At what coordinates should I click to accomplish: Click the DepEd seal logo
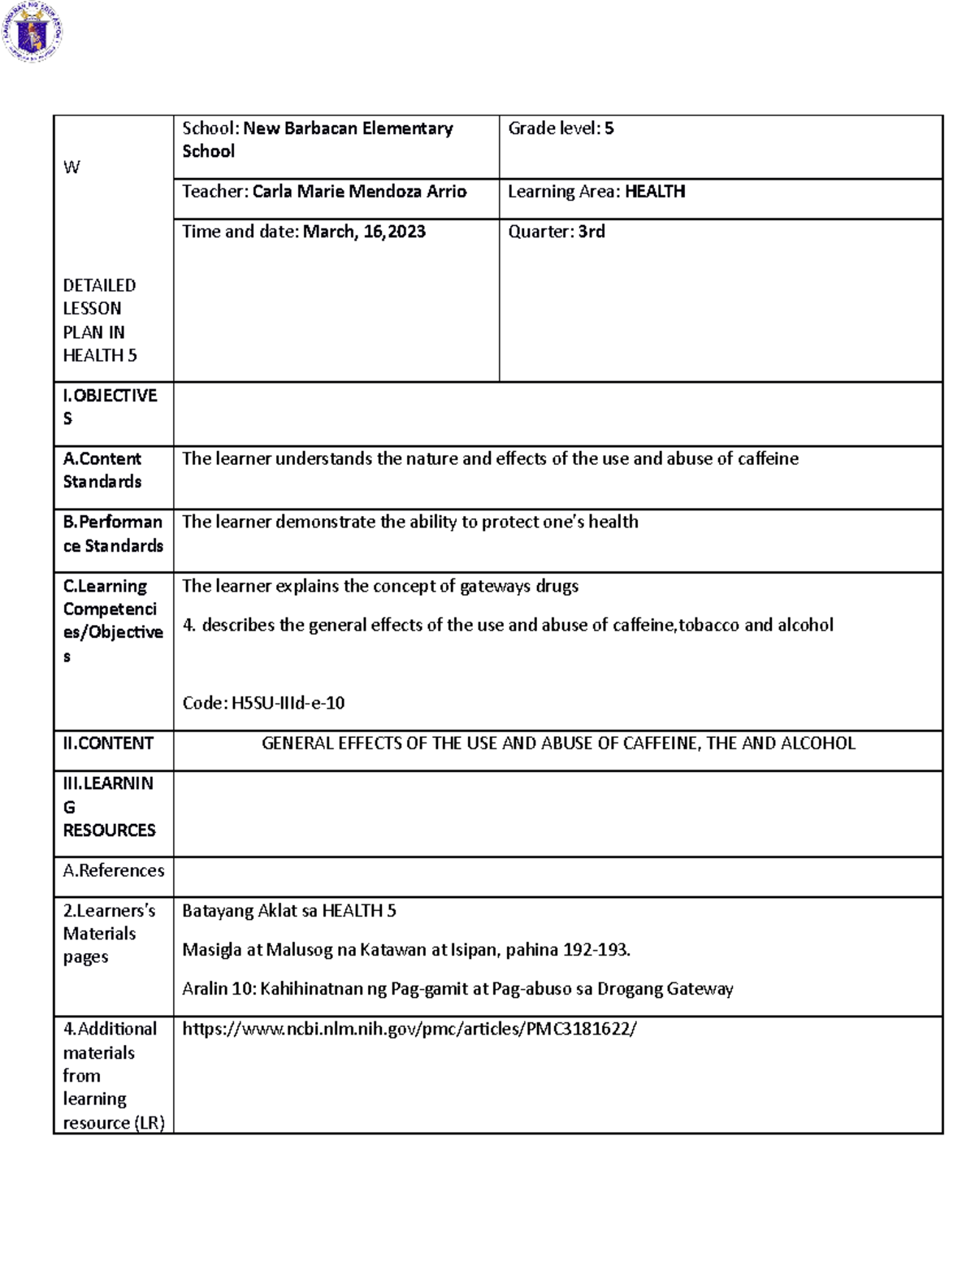(x=32, y=33)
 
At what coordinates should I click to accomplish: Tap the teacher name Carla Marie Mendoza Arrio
(x=359, y=192)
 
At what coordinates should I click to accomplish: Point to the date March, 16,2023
(x=364, y=232)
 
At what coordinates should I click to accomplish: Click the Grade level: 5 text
(x=561, y=128)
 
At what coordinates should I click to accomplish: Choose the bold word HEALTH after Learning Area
(x=655, y=192)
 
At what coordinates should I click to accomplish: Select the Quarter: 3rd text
(x=557, y=232)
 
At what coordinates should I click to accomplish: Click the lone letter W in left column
(x=71, y=167)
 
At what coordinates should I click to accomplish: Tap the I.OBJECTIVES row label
(x=110, y=406)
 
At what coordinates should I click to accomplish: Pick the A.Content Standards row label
(x=102, y=470)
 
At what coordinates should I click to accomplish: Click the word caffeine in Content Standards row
(x=768, y=459)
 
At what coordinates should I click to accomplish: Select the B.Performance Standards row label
(x=113, y=534)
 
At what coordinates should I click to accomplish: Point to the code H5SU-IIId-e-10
(x=288, y=703)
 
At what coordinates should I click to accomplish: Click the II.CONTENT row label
(x=108, y=744)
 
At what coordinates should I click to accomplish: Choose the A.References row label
(x=114, y=870)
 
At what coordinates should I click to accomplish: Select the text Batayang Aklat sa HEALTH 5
(x=289, y=911)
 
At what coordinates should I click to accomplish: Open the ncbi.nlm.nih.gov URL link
(x=409, y=1030)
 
